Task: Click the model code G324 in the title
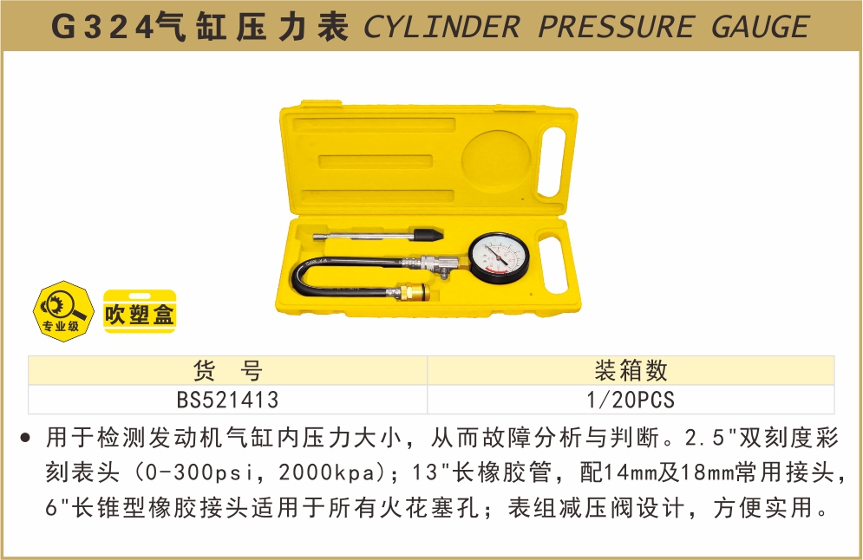[102, 27]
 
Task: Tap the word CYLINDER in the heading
[441, 27]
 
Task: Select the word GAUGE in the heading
[761, 27]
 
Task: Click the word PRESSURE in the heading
[615, 27]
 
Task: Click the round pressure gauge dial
[499, 257]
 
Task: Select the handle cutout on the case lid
[551, 162]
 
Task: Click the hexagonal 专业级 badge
[61, 311]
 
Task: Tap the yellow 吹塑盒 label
[140, 311]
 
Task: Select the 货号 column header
[227, 370]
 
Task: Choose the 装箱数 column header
[631, 370]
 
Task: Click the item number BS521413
[227, 400]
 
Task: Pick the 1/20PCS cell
[631, 400]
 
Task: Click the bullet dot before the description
[25, 439]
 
